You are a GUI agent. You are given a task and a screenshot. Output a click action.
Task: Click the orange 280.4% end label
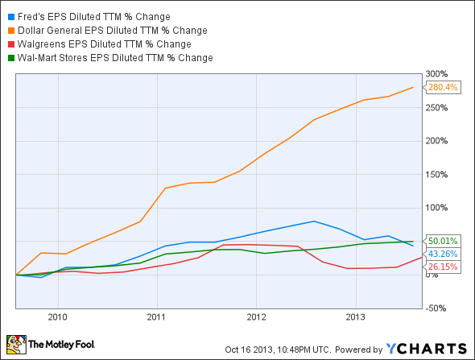[x=442, y=87]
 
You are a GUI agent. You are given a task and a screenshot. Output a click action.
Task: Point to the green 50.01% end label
[x=443, y=241]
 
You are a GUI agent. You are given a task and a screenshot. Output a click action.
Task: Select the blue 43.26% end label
[x=443, y=254]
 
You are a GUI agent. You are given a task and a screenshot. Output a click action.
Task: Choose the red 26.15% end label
[x=443, y=267]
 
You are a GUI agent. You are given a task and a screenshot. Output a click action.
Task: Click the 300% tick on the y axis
[x=437, y=74]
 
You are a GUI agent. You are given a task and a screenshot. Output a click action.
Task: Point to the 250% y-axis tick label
[x=437, y=108]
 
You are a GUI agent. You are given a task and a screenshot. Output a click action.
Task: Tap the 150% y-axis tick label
[x=437, y=174]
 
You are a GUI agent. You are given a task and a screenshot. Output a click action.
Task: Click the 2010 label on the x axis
[x=57, y=317]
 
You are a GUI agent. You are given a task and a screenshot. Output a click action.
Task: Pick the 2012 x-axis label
[x=256, y=317]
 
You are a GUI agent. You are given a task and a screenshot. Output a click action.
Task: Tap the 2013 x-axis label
[x=355, y=317]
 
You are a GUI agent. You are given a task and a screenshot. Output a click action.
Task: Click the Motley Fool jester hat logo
[x=16, y=344]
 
